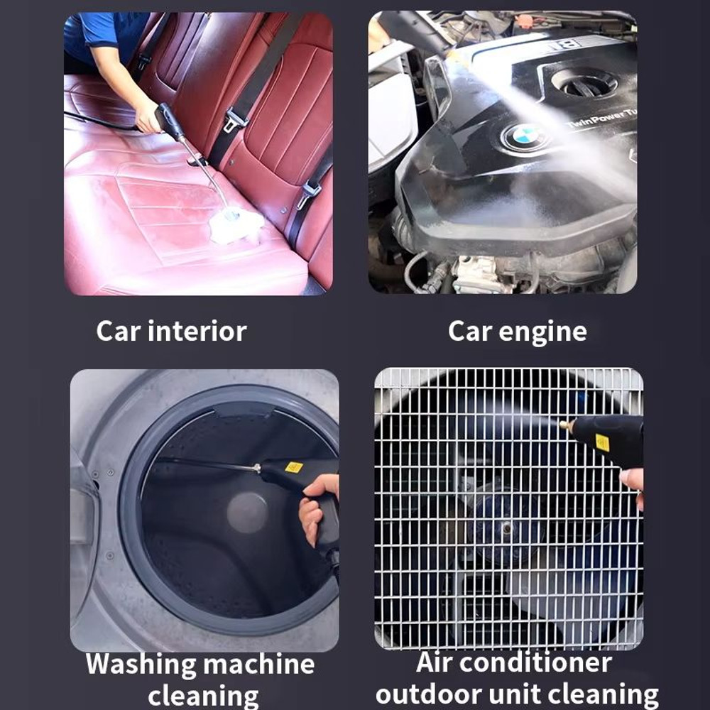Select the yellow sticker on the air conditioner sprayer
tap(602, 442)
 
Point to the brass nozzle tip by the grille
tap(567, 425)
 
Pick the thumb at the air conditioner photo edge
tap(632, 479)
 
